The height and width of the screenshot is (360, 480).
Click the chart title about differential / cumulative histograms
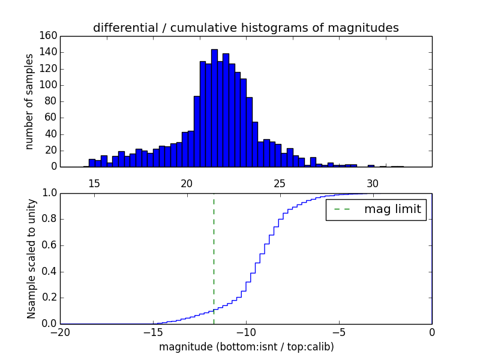pyautogui.click(x=245, y=28)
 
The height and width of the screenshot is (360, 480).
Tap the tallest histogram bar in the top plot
pyautogui.click(x=214, y=108)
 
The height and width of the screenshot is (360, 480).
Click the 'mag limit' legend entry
pyautogui.click(x=392, y=209)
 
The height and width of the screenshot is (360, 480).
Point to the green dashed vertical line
pyautogui.click(x=214, y=252)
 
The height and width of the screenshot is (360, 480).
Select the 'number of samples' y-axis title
pyautogui.click(x=29, y=101)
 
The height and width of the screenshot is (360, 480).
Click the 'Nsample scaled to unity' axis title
pyautogui.click(x=31, y=259)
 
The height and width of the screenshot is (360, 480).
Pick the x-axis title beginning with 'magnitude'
pyautogui.click(x=246, y=347)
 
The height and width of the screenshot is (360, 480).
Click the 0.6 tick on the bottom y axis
pyautogui.click(x=49, y=245)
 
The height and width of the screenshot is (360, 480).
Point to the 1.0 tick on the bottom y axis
pyautogui.click(x=49, y=193)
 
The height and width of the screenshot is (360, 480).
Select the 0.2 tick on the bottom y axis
pyautogui.click(x=49, y=298)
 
